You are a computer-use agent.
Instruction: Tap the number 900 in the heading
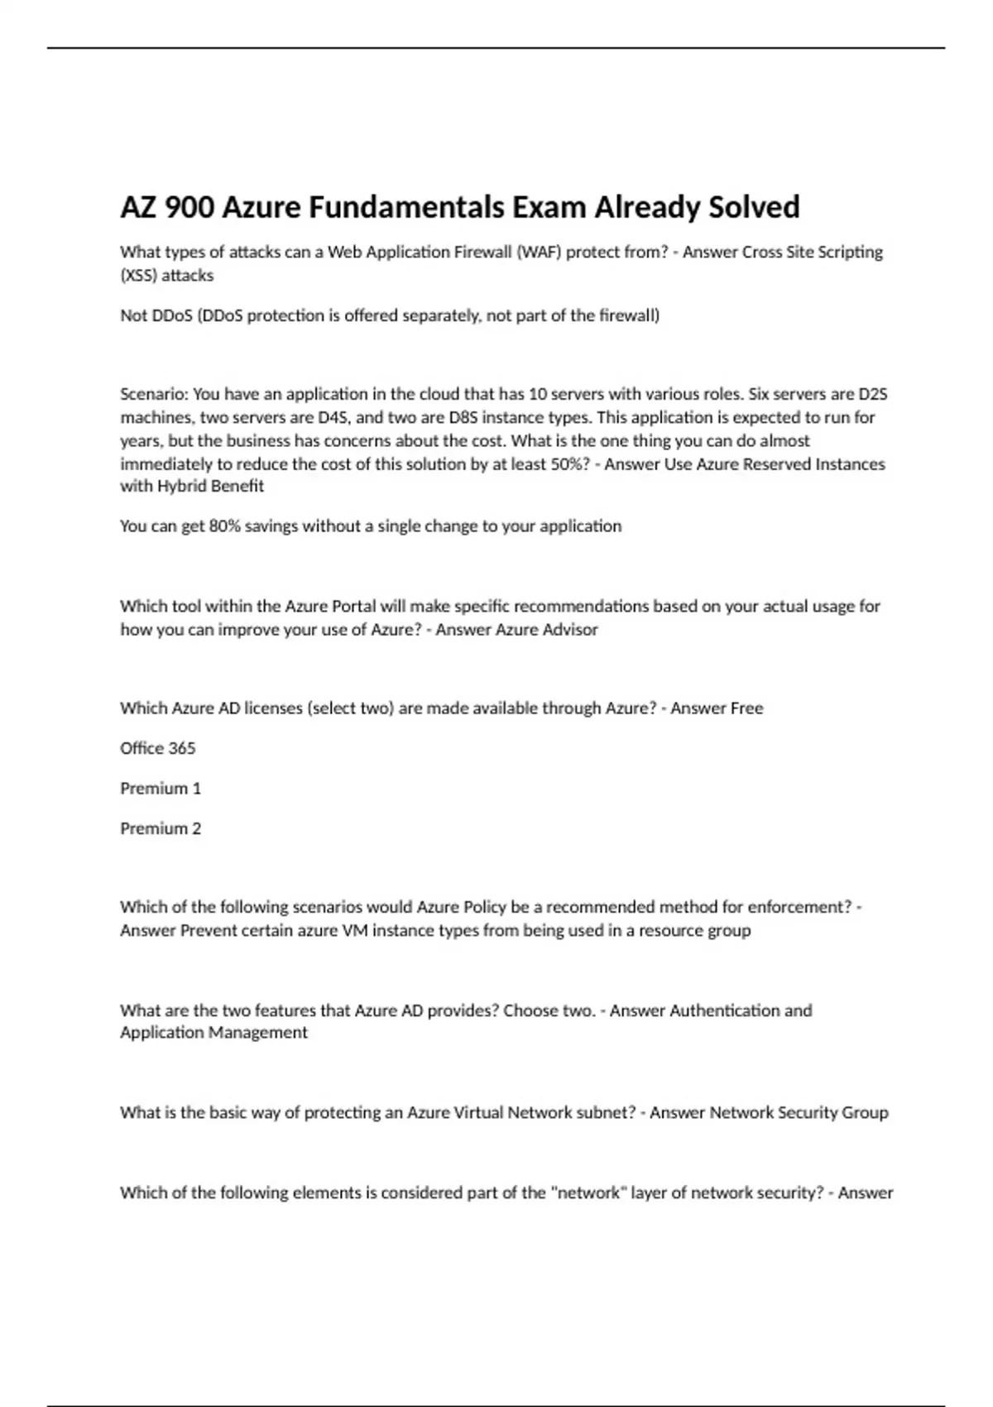[189, 207]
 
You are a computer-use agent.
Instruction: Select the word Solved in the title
[754, 207]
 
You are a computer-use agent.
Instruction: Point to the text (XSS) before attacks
[138, 276]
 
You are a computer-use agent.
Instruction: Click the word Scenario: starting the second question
[154, 394]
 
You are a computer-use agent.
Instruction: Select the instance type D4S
[333, 417]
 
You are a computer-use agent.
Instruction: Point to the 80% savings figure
[224, 526]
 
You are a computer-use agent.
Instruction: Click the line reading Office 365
[158, 748]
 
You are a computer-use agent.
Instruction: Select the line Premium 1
[161, 789]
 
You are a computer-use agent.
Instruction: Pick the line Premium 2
[161, 828]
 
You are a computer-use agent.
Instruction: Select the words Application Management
[213, 1033]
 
